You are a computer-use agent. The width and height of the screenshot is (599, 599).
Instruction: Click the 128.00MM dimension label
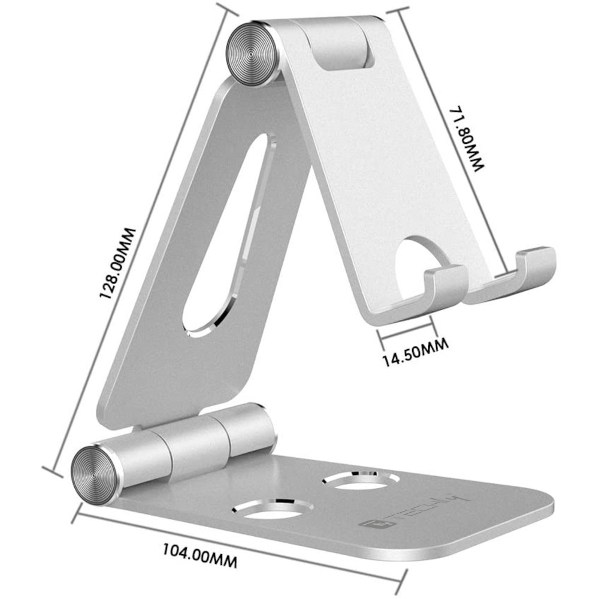click(117, 263)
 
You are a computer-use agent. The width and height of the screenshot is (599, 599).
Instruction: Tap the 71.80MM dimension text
click(467, 139)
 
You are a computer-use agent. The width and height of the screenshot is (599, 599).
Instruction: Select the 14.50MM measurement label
click(415, 352)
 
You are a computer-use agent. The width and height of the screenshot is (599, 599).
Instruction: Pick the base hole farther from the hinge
click(361, 479)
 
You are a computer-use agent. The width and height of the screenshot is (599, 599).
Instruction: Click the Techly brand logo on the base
click(415, 511)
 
